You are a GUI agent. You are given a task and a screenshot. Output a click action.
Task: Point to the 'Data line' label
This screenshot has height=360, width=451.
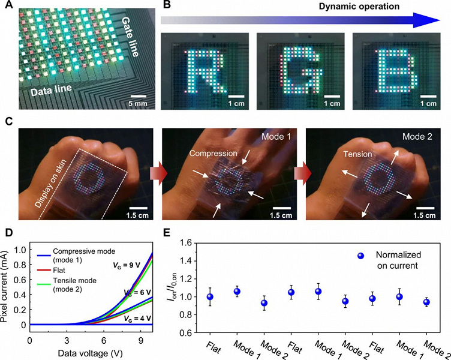(x=50, y=89)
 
